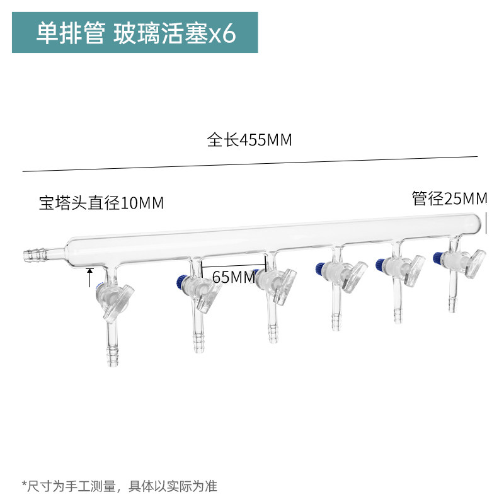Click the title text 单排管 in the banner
tap(71, 33)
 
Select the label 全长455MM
tap(249, 140)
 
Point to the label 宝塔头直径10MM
tap(101, 203)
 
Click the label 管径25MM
tap(450, 198)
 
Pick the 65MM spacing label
tap(234, 277)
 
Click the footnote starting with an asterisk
tap(119, 486)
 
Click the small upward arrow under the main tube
tap(90, 277)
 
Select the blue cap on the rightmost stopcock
tap(437, 258)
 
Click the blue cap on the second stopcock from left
tap(181, 282)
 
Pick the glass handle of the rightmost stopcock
tap(475, 264)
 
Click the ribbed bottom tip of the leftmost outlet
tap(112, 356)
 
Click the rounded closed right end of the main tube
tap(478, 224)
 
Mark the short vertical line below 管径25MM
tap(486, 223)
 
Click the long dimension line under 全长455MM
tap(249, 164)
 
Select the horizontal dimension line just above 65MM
tap(233, 266)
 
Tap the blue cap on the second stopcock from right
tap(381, 264)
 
